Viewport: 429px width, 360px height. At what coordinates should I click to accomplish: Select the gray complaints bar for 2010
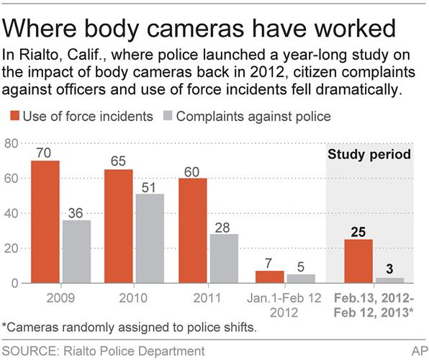(149, 238)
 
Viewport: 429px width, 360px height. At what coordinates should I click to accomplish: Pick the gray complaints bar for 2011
(223, 258)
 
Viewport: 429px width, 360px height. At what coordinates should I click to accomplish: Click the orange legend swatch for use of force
(14, 115)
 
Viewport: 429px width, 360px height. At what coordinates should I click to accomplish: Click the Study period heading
(369, 154)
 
